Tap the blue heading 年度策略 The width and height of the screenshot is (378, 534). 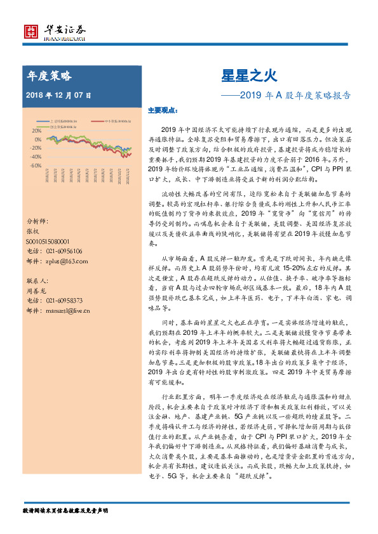pyautogui.click(x=49, y=76)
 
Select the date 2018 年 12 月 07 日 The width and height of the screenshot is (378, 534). pyautogui.click(x=59, y=95)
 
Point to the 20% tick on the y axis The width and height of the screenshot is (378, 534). pyautogui.click(x=36, y=131)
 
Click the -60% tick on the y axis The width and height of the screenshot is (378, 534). pyautogui.click(x=35, y=165)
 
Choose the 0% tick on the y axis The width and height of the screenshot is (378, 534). pyautogui.click(x=38, y=140)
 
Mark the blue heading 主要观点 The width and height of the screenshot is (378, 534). pyautogui.click(x=161, y=110)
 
